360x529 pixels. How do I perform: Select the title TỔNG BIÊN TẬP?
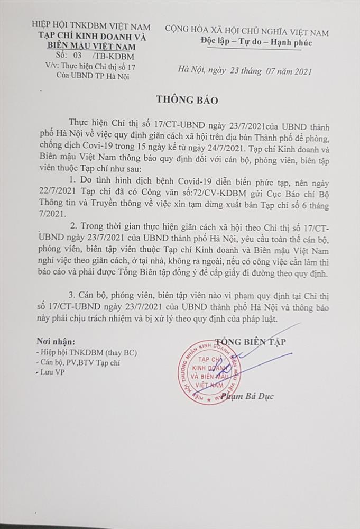250,342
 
